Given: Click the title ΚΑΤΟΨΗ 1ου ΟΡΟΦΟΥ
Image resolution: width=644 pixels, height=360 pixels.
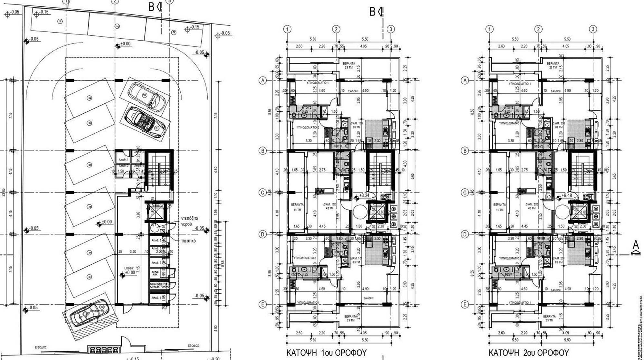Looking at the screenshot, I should point(326,352).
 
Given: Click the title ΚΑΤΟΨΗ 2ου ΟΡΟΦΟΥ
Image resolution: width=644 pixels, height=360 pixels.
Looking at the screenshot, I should point(528,352).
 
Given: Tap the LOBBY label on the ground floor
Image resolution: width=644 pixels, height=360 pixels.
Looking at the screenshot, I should point(129,268).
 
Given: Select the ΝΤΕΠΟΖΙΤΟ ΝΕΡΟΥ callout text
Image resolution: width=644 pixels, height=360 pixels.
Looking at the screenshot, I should point(189,221).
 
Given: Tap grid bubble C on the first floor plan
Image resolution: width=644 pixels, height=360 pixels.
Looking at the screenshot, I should point(263,193).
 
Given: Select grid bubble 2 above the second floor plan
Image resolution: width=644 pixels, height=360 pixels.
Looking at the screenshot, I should point(538,29).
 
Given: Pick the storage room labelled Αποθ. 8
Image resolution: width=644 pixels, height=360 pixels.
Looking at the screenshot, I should point(156,298).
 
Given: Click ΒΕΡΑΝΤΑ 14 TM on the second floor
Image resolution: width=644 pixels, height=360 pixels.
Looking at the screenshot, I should point(499,207).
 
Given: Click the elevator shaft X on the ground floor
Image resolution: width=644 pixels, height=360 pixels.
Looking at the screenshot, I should point(155,213).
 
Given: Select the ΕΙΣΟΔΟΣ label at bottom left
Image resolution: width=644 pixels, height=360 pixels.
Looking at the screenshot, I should point(41,347).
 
